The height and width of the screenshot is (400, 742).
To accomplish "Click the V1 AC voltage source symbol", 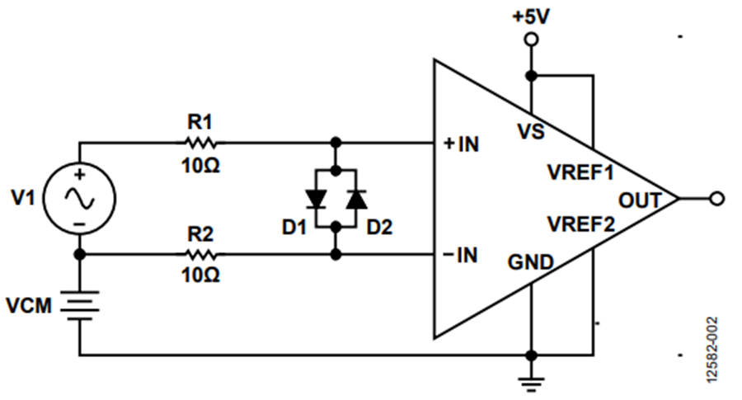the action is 79,198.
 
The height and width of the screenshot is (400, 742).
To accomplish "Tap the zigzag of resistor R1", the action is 200,142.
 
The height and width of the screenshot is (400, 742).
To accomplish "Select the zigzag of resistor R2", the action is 200,255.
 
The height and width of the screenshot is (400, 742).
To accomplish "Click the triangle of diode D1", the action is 315,200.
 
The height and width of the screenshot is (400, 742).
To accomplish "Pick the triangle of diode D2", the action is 357,200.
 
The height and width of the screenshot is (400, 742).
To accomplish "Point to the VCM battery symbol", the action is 79,305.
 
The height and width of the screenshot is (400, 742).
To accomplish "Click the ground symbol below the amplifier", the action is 532,384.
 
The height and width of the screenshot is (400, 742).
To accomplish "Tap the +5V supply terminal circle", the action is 532,40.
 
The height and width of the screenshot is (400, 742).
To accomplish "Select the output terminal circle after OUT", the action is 717,199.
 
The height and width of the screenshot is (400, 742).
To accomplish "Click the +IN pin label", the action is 462,144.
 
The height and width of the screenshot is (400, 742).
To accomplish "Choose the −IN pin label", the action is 460,256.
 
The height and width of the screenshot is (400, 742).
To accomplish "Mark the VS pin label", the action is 532,131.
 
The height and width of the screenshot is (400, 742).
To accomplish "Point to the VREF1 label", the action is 580,172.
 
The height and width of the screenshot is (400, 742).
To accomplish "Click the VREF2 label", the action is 581,224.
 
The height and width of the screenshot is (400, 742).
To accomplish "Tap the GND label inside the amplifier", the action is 530,262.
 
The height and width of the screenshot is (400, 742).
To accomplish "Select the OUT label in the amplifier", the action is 640,200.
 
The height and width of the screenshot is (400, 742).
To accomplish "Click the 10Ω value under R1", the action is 200,165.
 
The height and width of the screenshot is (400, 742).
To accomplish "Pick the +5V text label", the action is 531,17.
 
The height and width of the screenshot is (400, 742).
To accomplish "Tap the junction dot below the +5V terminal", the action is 532,75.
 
